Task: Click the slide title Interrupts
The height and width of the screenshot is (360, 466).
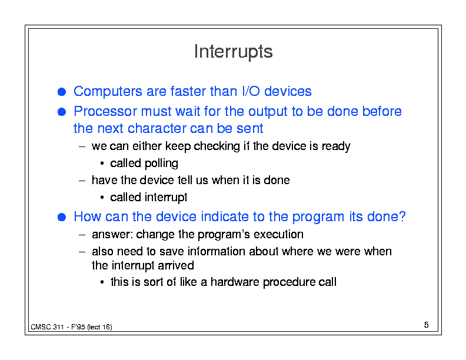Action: (x=234, y=52)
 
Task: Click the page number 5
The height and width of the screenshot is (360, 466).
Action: (x=426, y=325)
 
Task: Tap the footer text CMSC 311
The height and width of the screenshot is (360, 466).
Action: (x=47, y=327)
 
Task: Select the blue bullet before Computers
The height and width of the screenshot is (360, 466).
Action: (x=62, y=92)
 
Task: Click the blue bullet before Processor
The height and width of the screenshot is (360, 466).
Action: (x=62, y=112)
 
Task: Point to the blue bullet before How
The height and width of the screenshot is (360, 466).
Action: (x=62, y=217)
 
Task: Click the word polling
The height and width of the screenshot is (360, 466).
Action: (x=161, y=164)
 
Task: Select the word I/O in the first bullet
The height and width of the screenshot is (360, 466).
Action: (x=251, y=91)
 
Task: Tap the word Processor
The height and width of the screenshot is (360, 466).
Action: (x=105, y=111)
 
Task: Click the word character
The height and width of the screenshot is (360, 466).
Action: (x=157, y=129)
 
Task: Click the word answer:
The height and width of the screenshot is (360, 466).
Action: (x=112, y=235)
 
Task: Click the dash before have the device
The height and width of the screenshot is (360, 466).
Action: (x=82, y=181)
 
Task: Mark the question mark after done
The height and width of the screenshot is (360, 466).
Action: (x=402, y=216)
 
